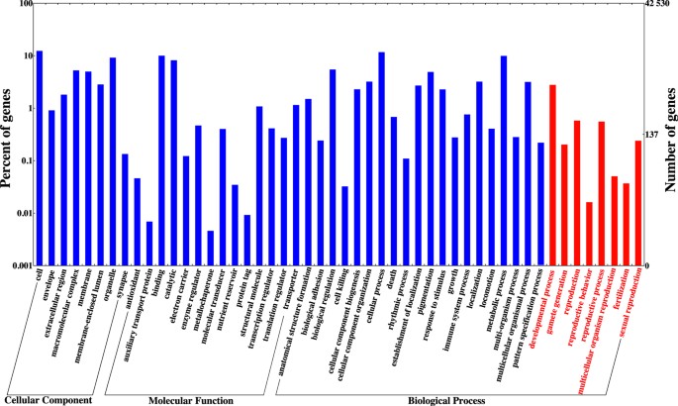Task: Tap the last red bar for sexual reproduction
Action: click(638, 203)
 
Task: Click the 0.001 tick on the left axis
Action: click(20, 265)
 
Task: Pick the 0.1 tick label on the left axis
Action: click(24, 160)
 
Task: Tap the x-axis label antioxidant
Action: click(124, 287)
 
